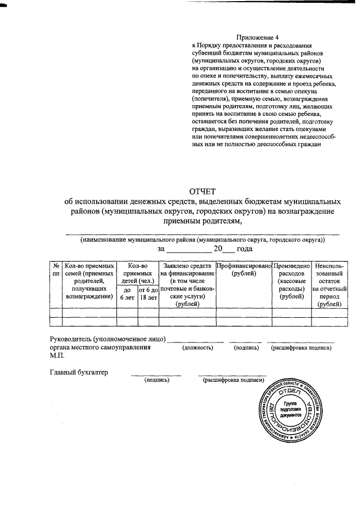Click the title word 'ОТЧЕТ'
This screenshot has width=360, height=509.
click(203, 192)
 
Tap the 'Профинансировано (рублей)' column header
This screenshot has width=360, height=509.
click(244, 269)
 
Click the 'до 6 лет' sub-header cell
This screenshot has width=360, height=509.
click(127, 294)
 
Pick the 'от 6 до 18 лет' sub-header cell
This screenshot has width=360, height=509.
click(148, 294)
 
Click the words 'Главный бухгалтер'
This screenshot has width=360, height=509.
click(79, 372)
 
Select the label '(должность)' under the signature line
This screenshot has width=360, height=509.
click(197, 349)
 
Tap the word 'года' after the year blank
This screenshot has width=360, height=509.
click(244, 249)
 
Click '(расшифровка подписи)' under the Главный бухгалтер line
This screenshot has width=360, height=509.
click(232, 380)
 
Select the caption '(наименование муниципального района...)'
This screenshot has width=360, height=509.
click(202, 240)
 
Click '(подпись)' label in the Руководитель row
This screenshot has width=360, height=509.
click(246, 349)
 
